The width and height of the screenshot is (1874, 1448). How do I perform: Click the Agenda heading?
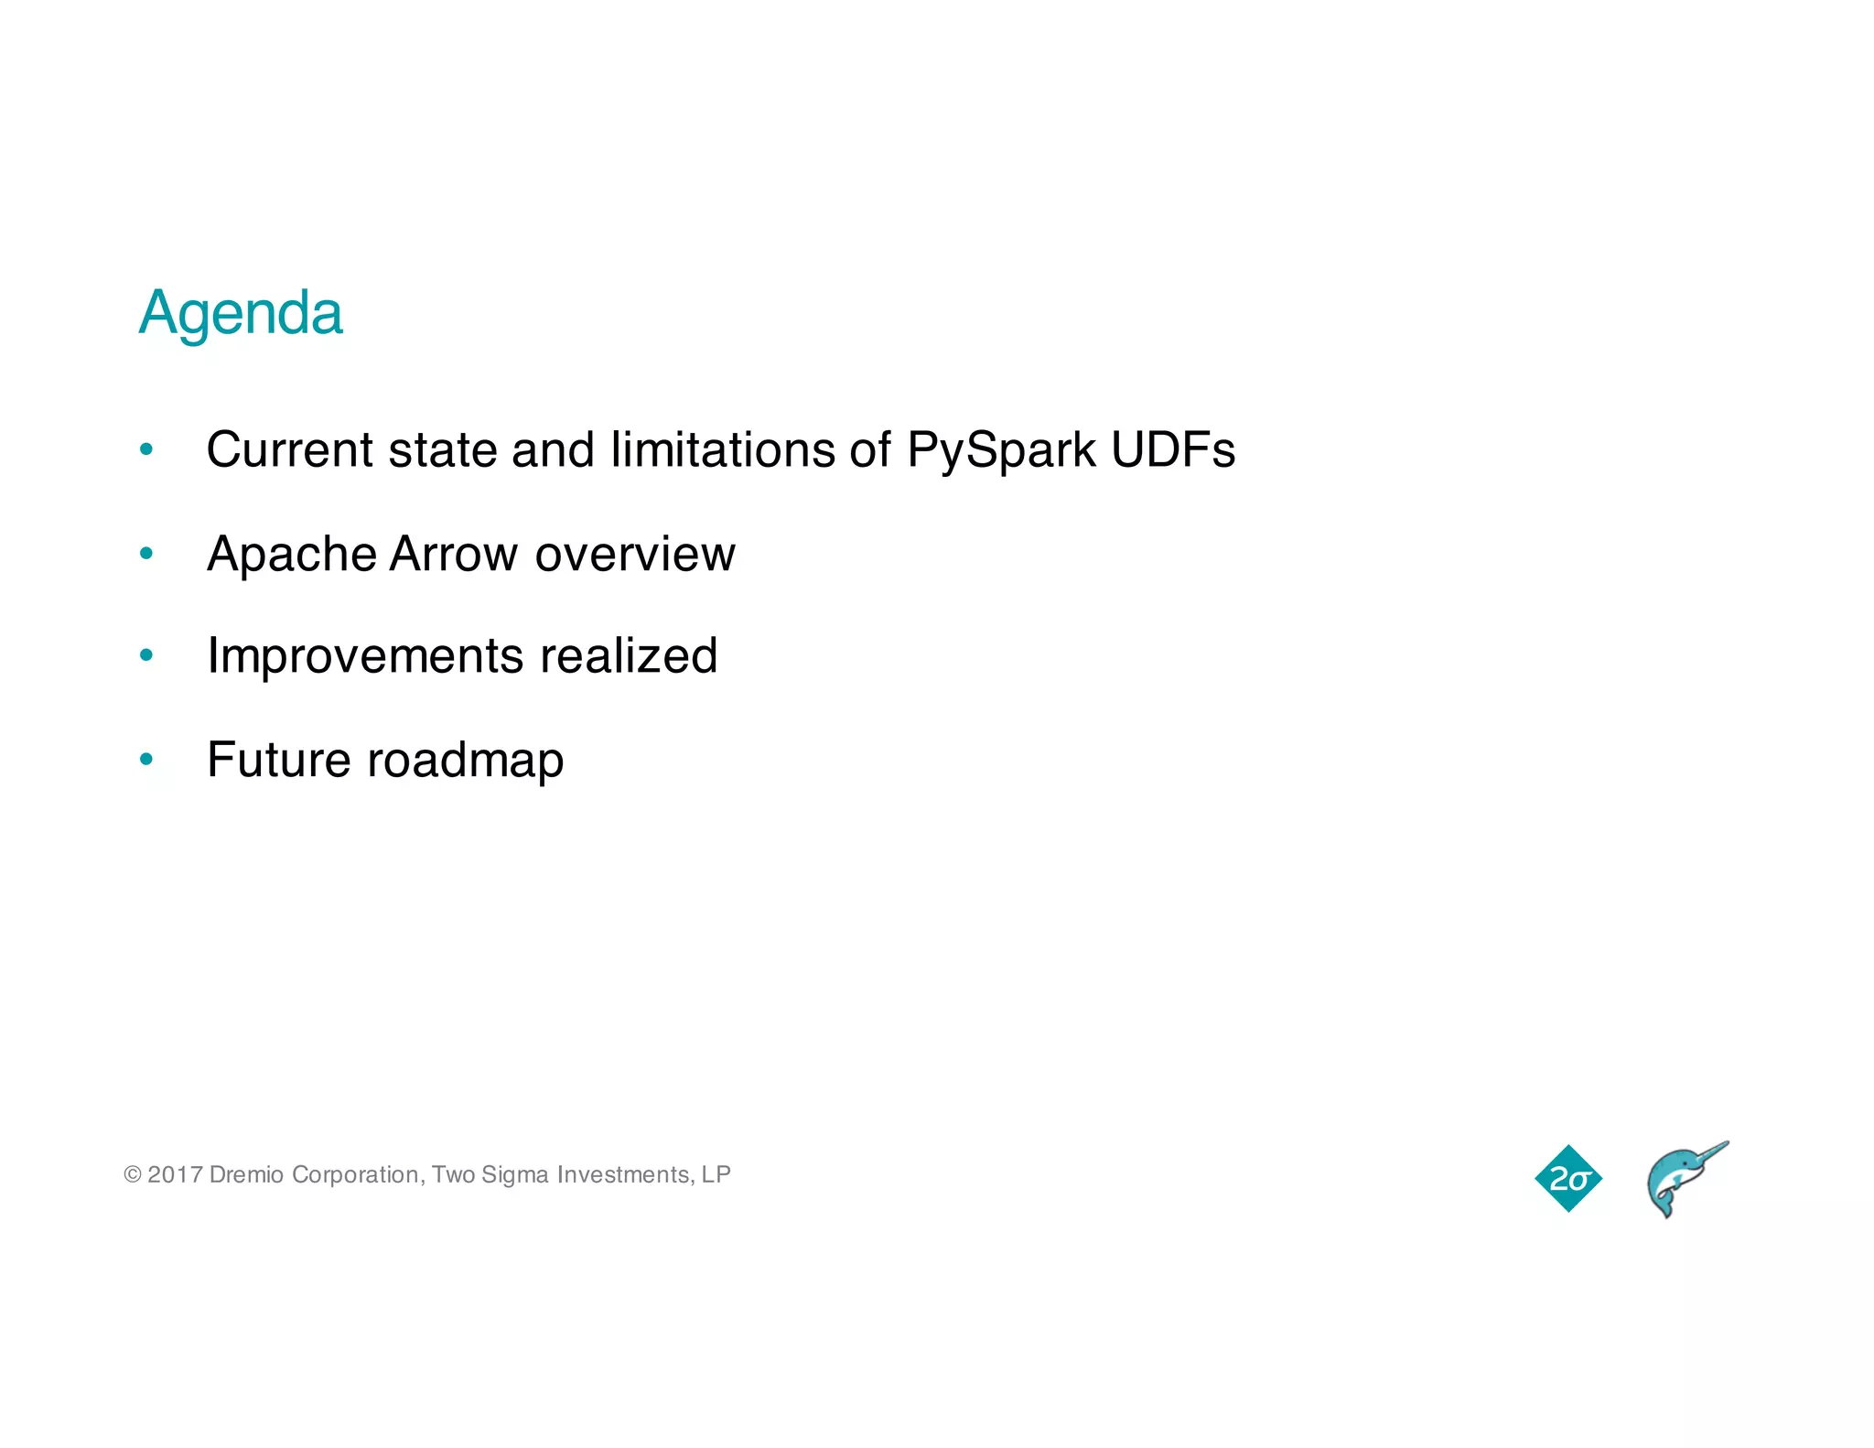pyautogui.click(x=241, y=314)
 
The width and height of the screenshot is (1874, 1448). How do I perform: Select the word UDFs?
pyautogui.click(x=1173, y=450)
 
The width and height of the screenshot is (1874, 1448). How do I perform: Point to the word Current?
pyautogui.click(x=289, y=450)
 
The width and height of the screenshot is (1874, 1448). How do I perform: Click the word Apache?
pyautogui.click(x=291, y=555)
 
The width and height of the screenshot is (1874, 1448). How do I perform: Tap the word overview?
pyautogui.click(x=635, y=555)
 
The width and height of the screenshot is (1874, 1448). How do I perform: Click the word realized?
pyautogui.click(x=629, y=656)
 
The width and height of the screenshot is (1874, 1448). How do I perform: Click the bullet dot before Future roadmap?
pyautogui.click(x=146, y=759)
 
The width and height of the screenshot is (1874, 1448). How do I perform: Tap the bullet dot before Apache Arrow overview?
pyautogui.click(x=146, y=553)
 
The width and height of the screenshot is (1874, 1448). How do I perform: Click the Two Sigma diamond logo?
pyautogui.click(x=1568, y=1178)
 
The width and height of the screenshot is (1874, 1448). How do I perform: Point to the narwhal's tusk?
pyautogui.click(x=1709, y=1152)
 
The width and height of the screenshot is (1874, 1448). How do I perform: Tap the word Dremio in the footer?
pyautogui.click(x=246, y=1174)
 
